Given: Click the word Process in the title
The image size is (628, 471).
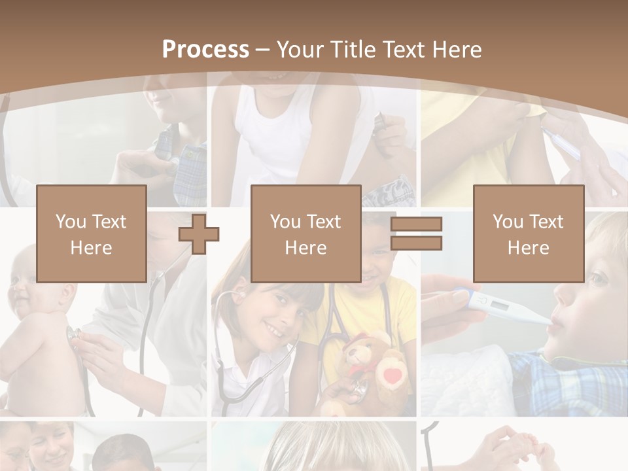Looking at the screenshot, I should [205, 49].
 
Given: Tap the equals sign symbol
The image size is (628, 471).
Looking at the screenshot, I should [417, 234].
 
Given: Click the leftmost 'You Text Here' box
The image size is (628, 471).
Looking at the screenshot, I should [92, 234].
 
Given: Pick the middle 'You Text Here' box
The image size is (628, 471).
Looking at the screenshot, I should [306, 234].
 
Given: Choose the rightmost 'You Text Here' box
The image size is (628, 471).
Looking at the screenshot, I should [529, 234].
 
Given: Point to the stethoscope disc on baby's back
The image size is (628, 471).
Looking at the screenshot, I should [74, 334].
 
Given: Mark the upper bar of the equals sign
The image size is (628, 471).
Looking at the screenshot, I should [417, 224].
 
